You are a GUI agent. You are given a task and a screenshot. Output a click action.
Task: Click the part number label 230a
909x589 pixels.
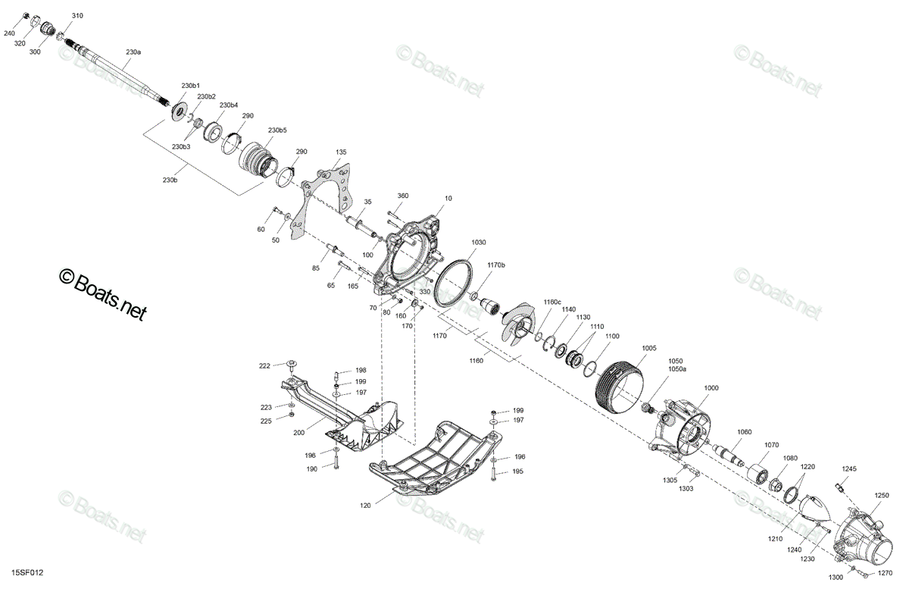(x=133, y=52)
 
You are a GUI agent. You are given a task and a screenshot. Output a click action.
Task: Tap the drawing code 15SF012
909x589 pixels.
(x=27, y=573)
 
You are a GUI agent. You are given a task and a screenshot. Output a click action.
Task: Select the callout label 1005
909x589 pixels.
(x=649, y=348)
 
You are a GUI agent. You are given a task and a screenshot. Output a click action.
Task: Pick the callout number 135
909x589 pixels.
(x=341, y=152)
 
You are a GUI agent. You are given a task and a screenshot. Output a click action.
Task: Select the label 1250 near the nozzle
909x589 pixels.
(x=882, y=495)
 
